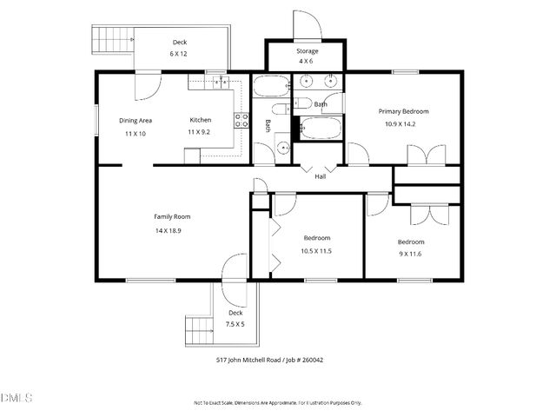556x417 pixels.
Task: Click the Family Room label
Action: [x=172, y=216]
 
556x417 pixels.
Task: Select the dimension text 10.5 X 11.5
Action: [x=316, y=251]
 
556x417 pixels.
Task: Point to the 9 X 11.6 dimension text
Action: [x=411, y=254]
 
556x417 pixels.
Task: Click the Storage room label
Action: [x=308, y=51]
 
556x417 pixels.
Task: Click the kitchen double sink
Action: [x=220, y=83]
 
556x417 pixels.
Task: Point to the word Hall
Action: [x=320, y=177]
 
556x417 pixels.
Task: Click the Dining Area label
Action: [x=136, y=120]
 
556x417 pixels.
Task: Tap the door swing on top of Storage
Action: [x=308, y=25]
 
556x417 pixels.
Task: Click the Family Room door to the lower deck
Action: [x=235, y=268]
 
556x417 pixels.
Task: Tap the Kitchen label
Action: [x=201, y=120]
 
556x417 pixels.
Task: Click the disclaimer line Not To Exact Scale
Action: [x=277, y=403]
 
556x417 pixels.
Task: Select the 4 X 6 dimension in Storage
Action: [x=308, y=61]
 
